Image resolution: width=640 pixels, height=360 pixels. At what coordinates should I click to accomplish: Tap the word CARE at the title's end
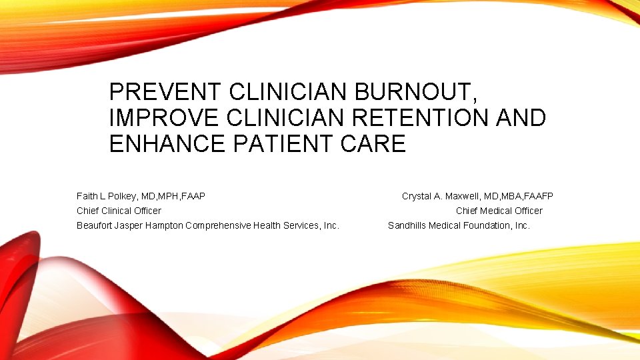point(377,143)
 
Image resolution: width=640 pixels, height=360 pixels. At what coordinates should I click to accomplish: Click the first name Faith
point(87,196)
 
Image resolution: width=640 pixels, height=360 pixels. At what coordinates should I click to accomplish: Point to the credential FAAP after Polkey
point(192,196)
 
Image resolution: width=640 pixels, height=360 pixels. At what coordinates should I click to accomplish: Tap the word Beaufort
point(96,225)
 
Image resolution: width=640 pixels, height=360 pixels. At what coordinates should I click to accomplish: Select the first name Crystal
point(417,196)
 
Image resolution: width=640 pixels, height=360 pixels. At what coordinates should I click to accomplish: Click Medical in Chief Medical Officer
point(499,211)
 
